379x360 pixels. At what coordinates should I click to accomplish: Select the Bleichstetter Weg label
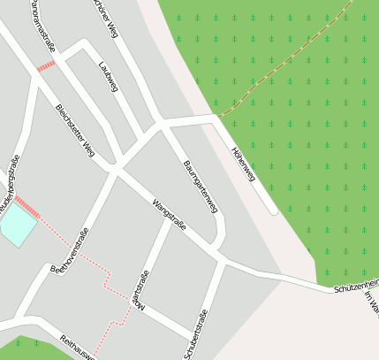pos(75,131)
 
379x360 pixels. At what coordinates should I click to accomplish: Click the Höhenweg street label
pos(243,165)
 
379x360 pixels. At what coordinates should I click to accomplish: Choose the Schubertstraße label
pos(196,334)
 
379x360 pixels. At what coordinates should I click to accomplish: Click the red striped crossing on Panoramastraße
pos(46,65)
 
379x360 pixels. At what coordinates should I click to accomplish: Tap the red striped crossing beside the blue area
pos(27,207)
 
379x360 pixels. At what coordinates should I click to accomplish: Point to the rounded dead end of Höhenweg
pos(273,211)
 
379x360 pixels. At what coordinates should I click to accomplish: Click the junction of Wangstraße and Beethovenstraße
pos(115,168)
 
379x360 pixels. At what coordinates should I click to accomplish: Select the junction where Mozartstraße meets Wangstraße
pos(168,222)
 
